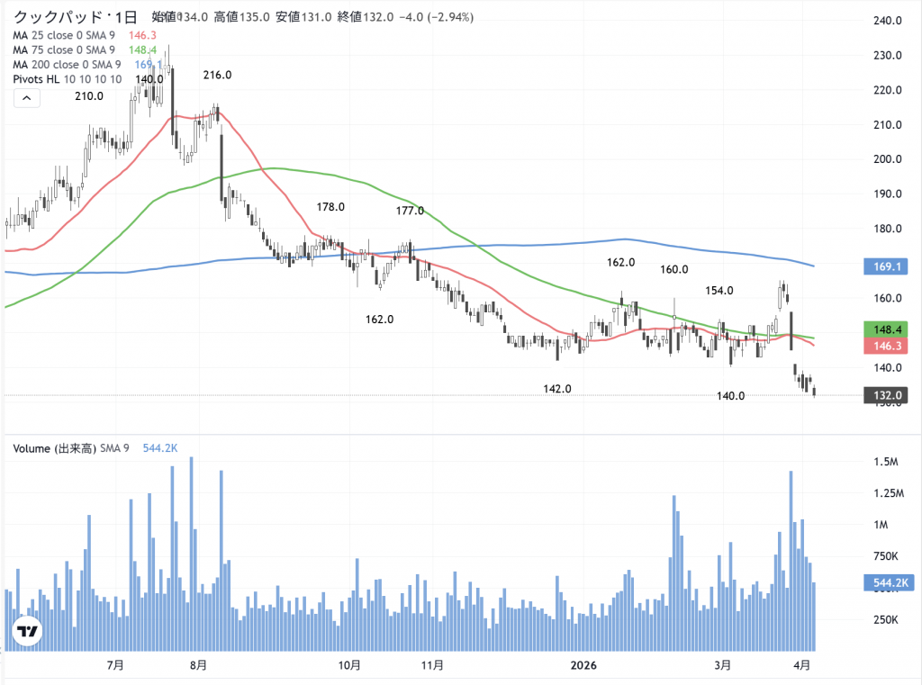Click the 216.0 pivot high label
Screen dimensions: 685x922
click(217, 76)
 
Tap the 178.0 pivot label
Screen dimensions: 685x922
click(330, 207)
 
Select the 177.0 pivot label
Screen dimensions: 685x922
click(410, 211)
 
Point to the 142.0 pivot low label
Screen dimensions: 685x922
click(557, 389)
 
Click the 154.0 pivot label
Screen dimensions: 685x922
click(719, 291)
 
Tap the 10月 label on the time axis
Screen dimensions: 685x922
click(349, 665)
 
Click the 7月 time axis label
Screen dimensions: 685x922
click(114, 665)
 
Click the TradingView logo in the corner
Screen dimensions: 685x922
click(27, 632)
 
